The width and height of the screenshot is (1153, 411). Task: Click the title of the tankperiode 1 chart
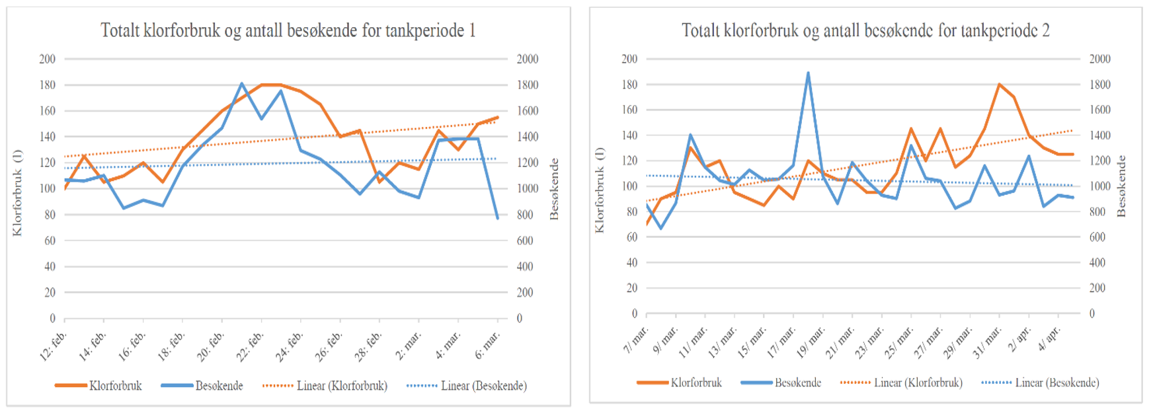[288, 30]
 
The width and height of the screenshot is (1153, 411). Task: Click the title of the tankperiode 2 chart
[865, 30]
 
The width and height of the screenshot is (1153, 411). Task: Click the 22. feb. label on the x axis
[253, 346]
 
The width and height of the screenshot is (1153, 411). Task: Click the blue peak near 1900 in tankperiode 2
[808, 73]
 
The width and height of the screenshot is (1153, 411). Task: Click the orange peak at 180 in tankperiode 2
[999, 85]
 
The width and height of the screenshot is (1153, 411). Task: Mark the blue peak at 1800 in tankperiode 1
[242, 84]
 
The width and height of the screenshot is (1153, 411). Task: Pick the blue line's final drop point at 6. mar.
[498, 218]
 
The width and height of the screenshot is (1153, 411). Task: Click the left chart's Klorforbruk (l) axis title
[17, 192]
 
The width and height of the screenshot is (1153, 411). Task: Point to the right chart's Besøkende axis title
[1121, 186]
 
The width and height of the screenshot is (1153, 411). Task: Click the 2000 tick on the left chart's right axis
[528, 59]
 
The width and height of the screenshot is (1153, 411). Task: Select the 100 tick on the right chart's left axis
[629, 186]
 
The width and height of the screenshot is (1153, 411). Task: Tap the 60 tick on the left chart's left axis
[50, 241]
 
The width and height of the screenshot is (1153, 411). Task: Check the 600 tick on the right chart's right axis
[1097, 237]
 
